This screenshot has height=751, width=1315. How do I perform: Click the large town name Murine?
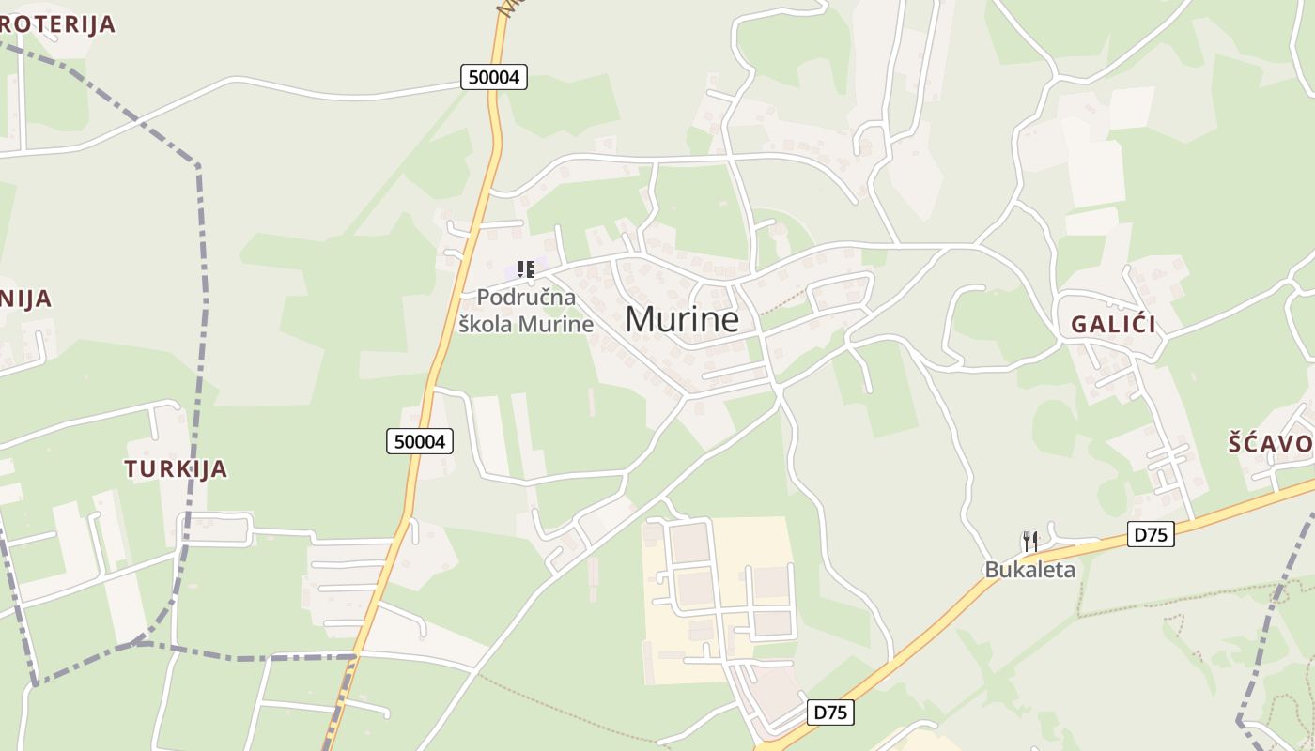682,320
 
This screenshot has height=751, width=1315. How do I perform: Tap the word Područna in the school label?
526,298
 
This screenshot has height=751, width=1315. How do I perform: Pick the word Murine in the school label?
557,324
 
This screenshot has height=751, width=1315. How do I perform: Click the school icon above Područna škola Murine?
526,270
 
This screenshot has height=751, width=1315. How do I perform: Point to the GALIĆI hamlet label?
1113,325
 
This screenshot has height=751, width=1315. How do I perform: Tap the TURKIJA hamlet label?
176,468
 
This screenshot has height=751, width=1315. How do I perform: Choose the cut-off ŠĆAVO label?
1271,444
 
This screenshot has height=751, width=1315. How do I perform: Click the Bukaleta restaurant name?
1029,569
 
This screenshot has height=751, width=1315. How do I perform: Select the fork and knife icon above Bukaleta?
1030,542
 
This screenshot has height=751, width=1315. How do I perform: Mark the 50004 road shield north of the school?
494,77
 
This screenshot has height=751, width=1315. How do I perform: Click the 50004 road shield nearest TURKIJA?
420,440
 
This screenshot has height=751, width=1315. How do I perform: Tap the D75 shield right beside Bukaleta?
1150,535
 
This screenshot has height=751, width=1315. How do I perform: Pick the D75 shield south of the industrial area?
830,713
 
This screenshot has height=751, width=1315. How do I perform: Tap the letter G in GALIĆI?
1079,325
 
